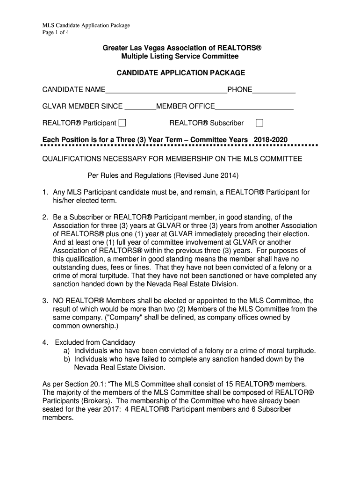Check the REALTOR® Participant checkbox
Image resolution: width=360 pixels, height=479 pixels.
[122, 123]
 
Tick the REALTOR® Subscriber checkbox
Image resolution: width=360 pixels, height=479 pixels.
[259, 123]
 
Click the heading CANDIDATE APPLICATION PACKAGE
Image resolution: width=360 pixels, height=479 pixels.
[180, 73]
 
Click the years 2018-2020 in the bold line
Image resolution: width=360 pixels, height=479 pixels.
[271, 140]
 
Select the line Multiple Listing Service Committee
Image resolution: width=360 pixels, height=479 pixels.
[180, 57]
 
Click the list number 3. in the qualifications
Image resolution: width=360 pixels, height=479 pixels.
[45, 300]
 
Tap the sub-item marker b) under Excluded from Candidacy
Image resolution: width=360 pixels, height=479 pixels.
[67, 359]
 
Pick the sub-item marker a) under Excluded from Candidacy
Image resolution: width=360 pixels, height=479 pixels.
[67, 351]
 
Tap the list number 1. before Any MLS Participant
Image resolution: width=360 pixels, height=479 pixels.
[45, 192]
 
